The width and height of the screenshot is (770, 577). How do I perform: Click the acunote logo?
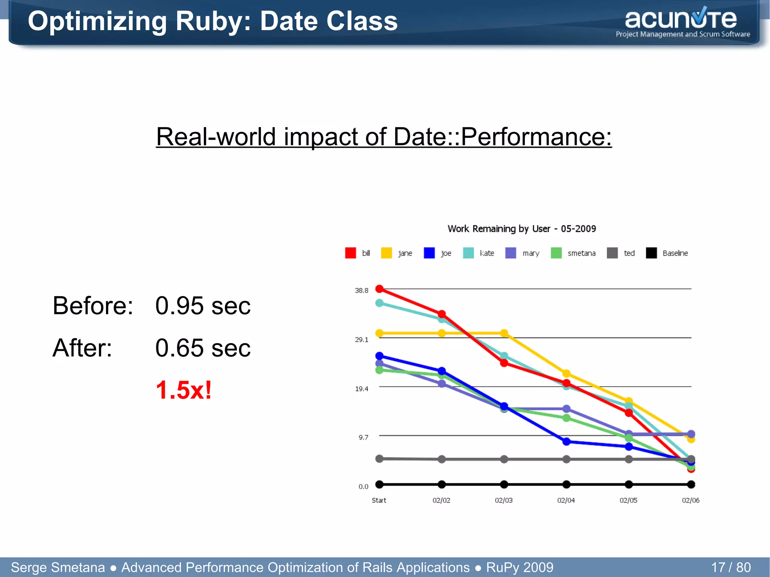[682, 23]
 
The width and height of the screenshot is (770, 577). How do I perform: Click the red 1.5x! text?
[184, 390]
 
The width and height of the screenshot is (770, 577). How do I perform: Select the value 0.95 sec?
[203, 306]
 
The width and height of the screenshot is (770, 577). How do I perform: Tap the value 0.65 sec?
[203, 348]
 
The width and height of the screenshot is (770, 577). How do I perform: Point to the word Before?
[93, 306]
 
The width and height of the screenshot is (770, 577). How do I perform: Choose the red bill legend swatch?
[350, 253]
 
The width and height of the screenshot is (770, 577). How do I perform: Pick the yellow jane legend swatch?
[386, 253]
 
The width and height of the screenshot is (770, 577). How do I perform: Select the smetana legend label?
[581, 253]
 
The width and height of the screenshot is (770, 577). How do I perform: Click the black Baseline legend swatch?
[651, 253]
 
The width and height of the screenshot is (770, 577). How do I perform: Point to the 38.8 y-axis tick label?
[361, 290]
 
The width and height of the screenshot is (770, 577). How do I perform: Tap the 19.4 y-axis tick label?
[361, 389]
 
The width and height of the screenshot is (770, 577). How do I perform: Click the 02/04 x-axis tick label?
[566, 500]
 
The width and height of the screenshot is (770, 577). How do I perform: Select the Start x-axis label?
[379, 500]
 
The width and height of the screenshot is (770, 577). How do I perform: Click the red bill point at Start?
[379, 289]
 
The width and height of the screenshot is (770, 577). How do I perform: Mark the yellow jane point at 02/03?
[504, 333]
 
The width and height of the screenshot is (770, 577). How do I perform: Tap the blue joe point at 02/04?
[566, 442]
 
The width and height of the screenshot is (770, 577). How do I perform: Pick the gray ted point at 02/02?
[442, 459]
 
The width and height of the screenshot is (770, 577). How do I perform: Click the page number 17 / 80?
[731, 567]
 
